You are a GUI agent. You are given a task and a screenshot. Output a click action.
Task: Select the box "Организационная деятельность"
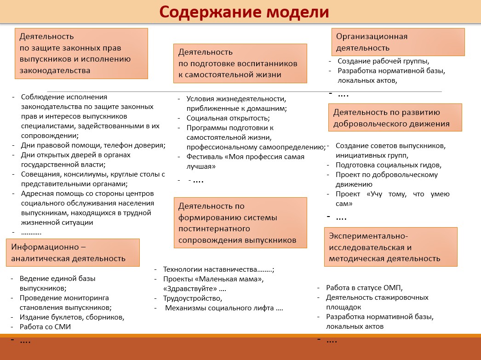point(398,42)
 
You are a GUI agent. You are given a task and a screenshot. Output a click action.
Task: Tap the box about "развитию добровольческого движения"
point(395,118)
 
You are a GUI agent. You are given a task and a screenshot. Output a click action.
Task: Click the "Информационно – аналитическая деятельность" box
point(72,252)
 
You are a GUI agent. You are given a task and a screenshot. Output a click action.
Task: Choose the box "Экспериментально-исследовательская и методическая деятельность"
point(390,247)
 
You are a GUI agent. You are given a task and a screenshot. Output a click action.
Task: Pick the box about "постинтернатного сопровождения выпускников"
point(240,223)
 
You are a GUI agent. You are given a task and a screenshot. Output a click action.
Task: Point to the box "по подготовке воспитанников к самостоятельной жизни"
point(240,63)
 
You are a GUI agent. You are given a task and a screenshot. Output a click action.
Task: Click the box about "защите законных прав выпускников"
point(82,53)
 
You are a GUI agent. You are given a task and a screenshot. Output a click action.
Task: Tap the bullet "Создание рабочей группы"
point(383,61)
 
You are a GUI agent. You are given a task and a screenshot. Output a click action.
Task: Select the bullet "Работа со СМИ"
point(45,327)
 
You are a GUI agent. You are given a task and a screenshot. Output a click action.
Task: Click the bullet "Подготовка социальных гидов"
point(388,165)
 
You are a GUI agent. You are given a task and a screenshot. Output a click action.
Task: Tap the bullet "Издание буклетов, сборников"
point(72,317)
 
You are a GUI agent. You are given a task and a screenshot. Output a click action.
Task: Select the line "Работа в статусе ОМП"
point(364,288)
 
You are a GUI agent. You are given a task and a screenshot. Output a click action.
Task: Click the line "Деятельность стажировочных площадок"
point(377,302)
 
